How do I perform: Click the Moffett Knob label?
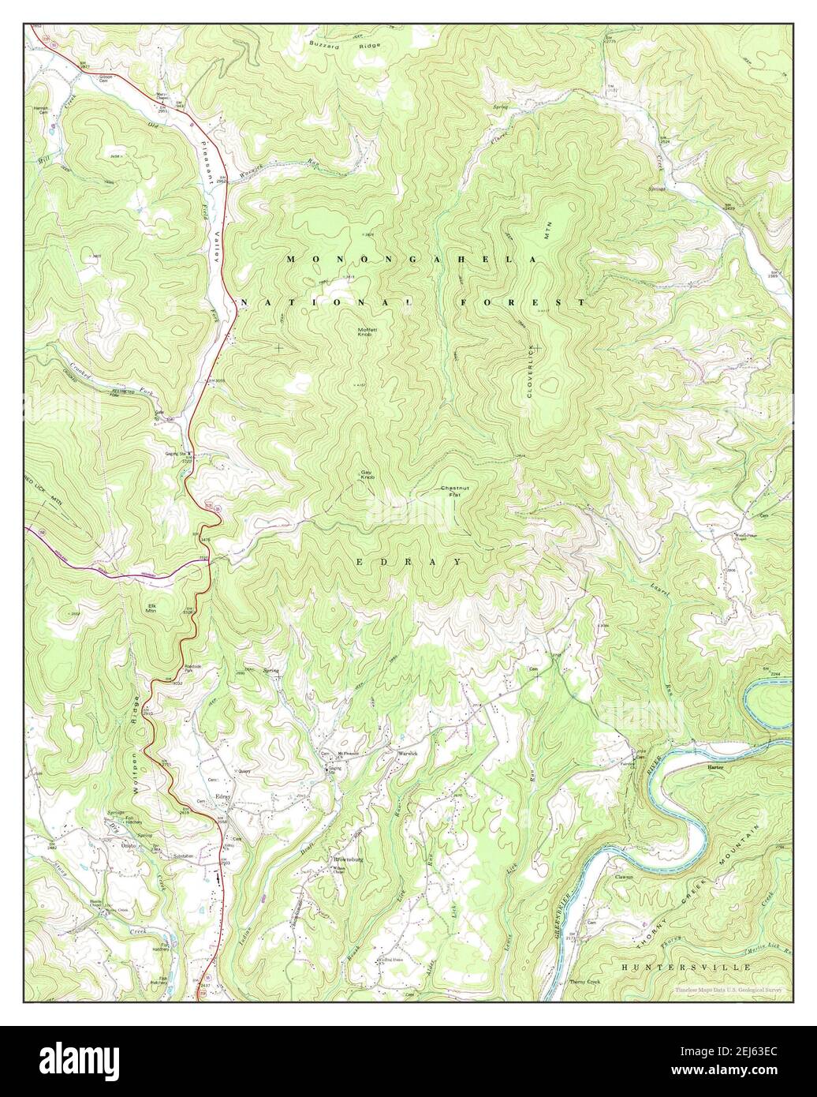tap(364, 332)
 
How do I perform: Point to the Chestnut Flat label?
tap(455, 491)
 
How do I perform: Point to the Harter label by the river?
tap(715, 766)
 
